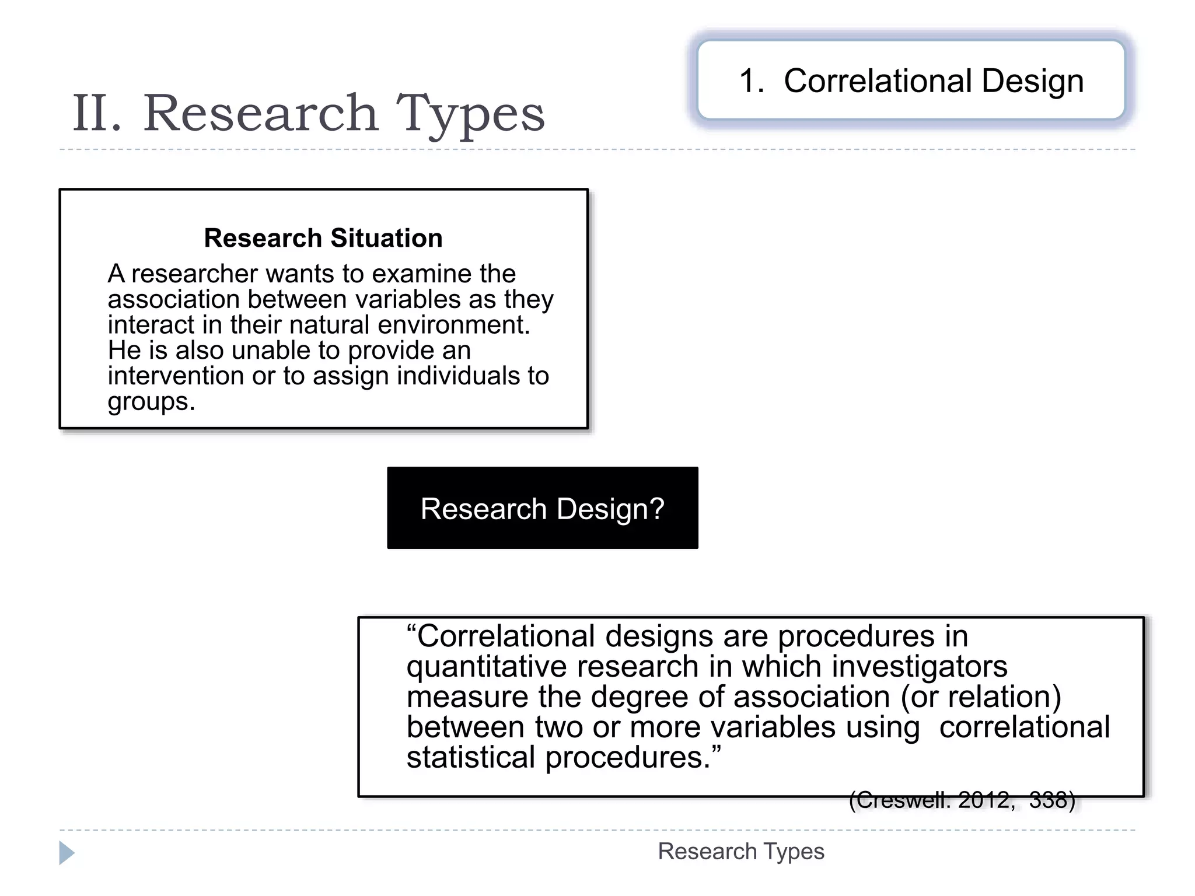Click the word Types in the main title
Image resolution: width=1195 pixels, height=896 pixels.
click(x=470, y=114)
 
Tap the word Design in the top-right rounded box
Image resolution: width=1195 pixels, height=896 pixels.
click(x=1032, y=81)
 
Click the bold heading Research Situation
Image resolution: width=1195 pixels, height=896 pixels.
click(x=323, y=238)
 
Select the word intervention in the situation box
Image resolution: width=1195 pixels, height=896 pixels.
click(x=176, y=376)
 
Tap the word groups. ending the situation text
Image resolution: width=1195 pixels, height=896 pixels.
click(x=151, y=401)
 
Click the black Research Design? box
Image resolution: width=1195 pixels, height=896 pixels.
click(x=542, y=508)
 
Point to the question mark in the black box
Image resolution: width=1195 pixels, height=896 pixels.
click(x=657, y=508)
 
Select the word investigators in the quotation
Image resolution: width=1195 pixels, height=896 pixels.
click(x=920, y=666)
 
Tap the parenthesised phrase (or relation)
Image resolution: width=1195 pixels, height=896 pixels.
click(x=981, y=696)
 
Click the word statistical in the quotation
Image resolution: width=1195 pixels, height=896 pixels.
click(x=470, y=757)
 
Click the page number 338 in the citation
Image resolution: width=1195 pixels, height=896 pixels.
click(x=1051, y=800)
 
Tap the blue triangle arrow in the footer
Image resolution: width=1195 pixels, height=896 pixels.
click(x=67, y=853)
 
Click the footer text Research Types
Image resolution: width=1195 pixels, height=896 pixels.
click(x=740, y=852)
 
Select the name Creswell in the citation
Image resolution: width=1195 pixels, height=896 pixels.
click(x=902, y=800)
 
